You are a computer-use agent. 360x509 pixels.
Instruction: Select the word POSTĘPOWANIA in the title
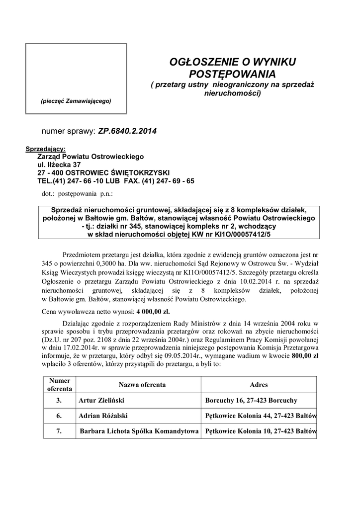pos(233,74)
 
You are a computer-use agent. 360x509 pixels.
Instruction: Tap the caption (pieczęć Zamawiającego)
pos(76,101)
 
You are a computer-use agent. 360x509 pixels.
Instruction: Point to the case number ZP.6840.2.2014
pos(127,132)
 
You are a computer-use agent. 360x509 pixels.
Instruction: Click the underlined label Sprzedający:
pos(45,149)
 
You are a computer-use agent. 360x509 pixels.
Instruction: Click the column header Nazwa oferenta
pos(142,385)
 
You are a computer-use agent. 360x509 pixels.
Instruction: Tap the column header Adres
pos(259,385)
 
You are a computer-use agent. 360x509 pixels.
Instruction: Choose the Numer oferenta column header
pos(60,385)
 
